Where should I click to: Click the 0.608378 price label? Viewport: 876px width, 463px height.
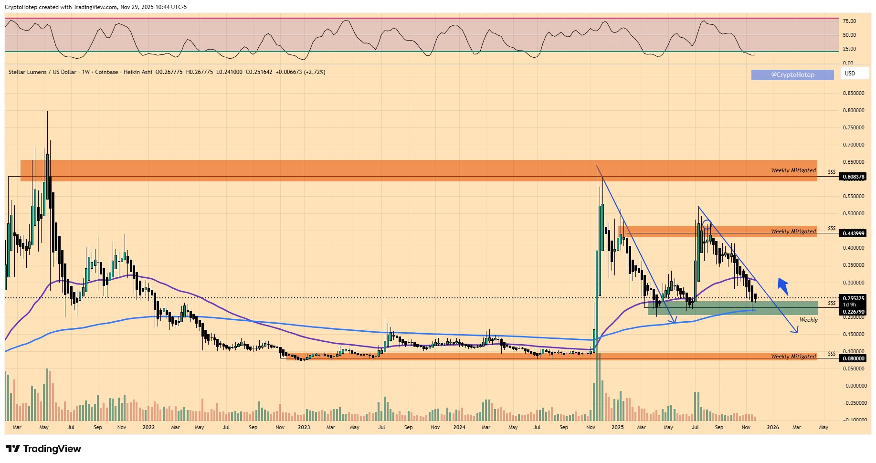point(853,177)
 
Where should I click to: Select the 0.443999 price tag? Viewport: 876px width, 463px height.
point(853,233)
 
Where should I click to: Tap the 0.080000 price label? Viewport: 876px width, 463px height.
point(853,358)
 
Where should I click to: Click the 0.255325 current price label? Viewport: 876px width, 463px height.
point(853,298)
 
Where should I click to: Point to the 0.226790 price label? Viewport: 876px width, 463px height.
point(853,312)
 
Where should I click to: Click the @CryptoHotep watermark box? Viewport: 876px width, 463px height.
point(792,74)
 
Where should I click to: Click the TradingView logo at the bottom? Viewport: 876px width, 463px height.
point(43,449)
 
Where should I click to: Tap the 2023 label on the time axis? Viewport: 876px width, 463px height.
point(304,427)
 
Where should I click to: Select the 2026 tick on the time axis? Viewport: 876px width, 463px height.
point(772,427)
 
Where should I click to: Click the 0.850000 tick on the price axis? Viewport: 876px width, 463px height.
point(853,93)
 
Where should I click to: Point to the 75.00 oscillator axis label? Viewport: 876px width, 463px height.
point(849,21)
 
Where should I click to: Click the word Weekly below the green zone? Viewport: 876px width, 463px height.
point(809,320)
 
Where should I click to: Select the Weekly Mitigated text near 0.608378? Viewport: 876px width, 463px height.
point(793,170)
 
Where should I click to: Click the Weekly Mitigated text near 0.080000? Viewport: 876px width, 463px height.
point(793,357)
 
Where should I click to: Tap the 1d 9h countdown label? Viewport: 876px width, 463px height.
point(849,305)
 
